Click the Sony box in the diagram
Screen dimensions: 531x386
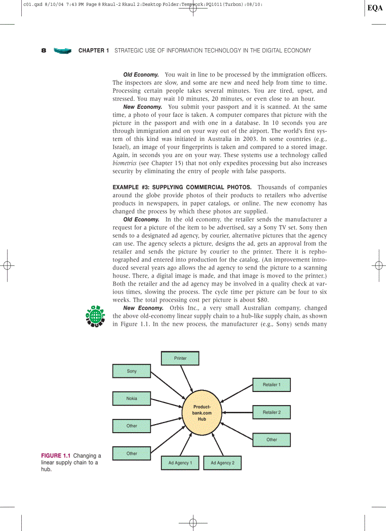click(132, 371)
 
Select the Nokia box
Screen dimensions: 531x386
click(132, 399)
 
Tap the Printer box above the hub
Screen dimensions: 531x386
click(180, 358)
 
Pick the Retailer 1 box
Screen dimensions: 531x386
click(272, 385)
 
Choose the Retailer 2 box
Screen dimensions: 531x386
click(272, 412)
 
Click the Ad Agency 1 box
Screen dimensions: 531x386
click(180, 463)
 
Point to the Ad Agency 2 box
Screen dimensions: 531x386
click(222, 463)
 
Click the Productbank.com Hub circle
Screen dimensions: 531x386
click(202, 413)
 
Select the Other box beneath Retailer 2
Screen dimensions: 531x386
click(272, 440)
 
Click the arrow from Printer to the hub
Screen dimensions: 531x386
click(187, 380)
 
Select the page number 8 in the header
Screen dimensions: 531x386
click(44, 50)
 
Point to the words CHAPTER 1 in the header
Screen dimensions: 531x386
click(94, 50)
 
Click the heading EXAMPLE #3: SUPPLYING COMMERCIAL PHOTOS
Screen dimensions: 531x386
click(182, 187)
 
